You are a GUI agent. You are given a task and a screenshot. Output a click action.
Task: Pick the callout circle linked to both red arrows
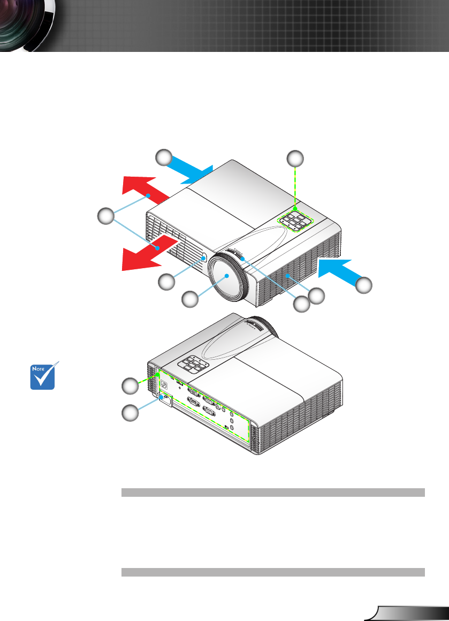click(106, 217)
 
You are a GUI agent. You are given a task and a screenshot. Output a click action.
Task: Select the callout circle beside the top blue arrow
click(164, 157)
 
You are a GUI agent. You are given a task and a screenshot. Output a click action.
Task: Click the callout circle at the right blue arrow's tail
click(364, 286)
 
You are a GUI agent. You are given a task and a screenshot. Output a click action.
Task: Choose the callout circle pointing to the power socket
click(129, 413)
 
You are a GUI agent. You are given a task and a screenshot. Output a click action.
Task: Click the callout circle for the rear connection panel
click(129, 385)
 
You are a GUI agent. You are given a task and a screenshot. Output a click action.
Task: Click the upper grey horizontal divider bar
click(273, 493)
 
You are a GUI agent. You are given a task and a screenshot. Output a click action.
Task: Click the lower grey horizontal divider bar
click(273, 572)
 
